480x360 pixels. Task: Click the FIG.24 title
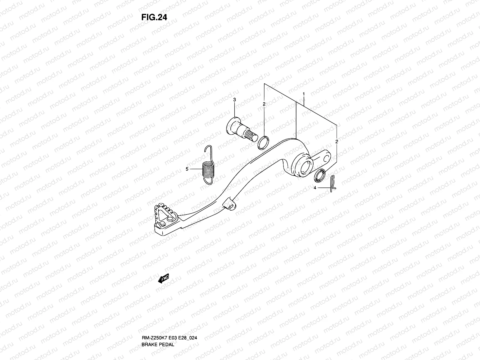154,17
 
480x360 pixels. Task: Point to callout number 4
315,188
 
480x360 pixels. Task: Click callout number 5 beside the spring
187,169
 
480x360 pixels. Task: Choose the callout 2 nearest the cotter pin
337,141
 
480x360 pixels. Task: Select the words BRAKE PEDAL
157,353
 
